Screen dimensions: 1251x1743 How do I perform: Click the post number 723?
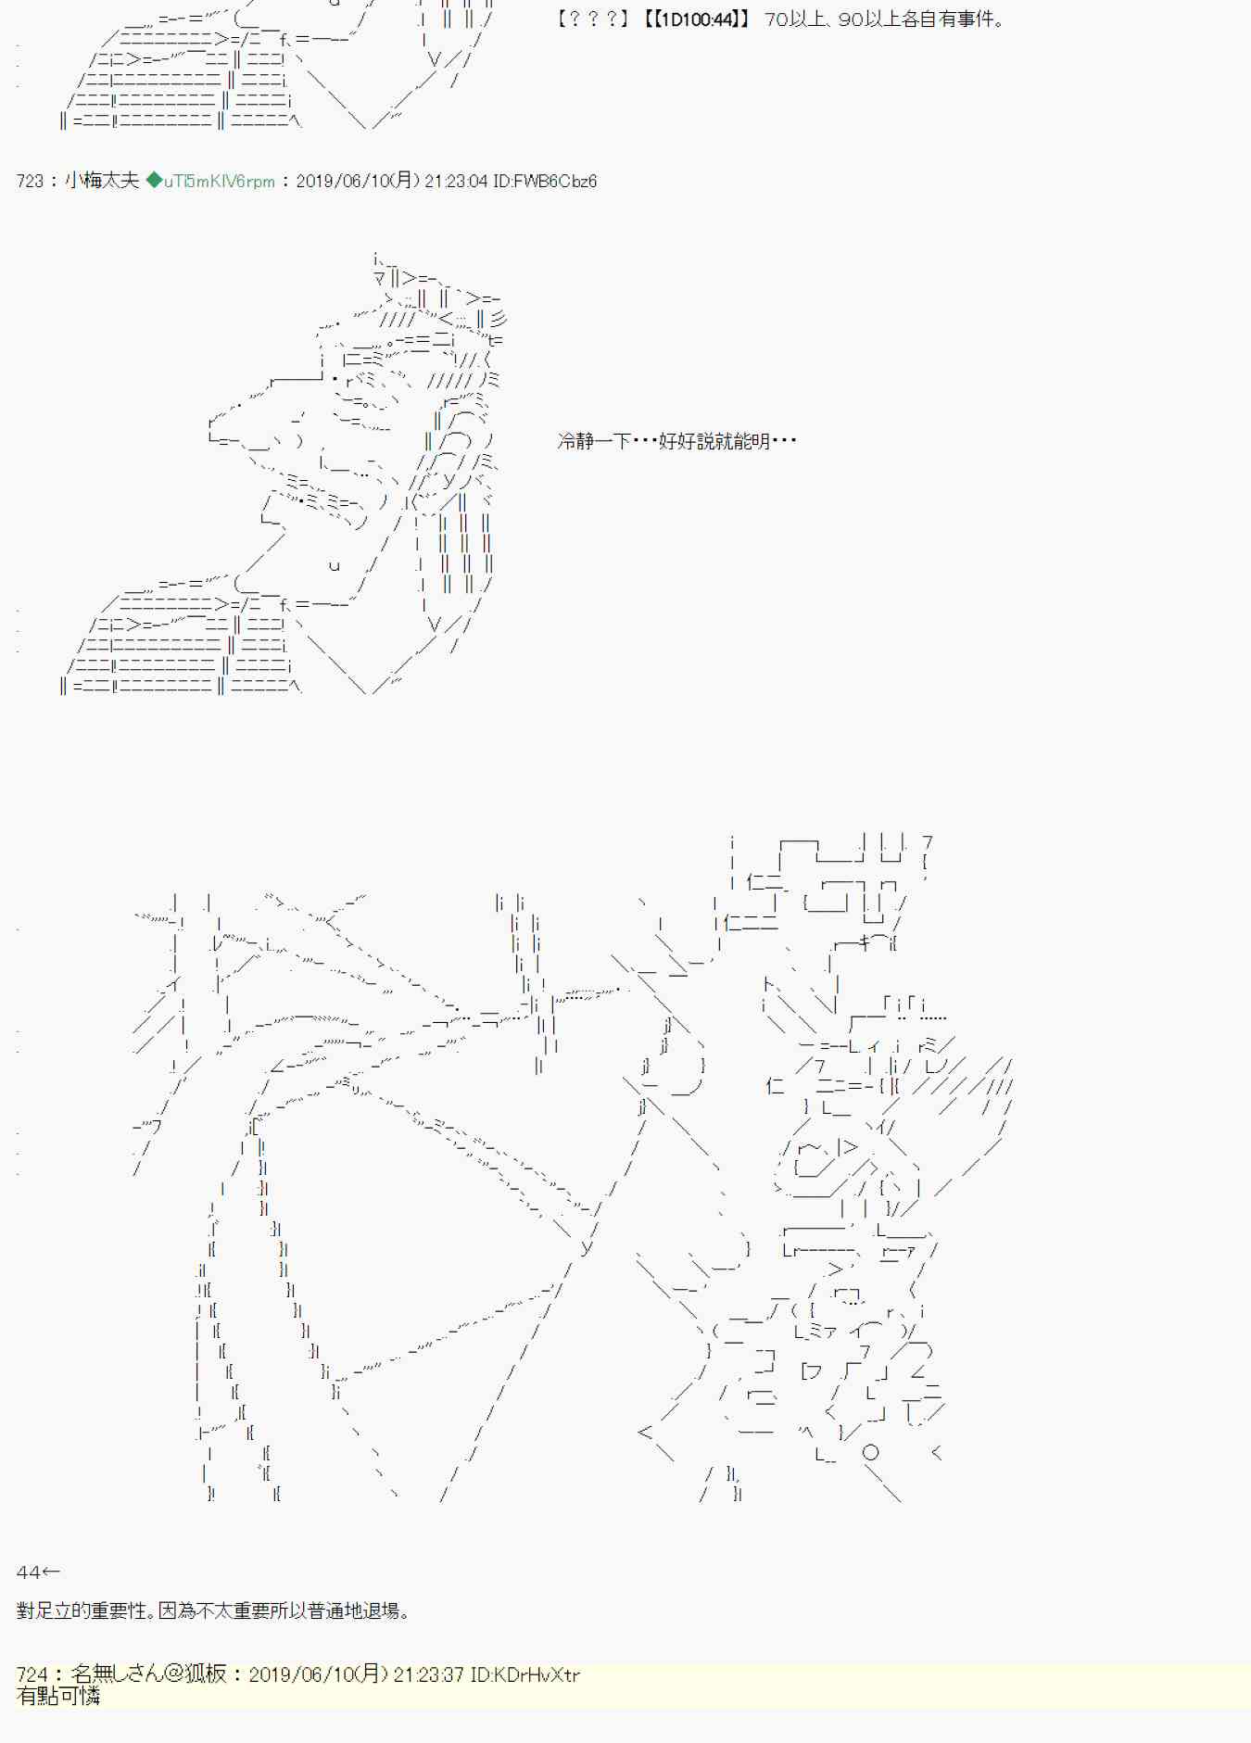tap(30, 182)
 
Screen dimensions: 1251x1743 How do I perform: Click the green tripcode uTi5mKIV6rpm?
tap(219, 182)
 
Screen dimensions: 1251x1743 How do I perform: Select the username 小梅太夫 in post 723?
tap(102, 181)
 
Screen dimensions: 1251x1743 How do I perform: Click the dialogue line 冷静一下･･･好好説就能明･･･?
tap(677, 441)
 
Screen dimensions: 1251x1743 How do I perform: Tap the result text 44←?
tap(38, 1572)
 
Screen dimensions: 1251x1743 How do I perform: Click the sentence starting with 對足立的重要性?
tap(214, 1610)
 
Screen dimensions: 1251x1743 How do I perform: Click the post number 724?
tap(32, 1674)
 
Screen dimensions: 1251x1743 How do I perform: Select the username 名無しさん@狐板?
tap(148, 1674)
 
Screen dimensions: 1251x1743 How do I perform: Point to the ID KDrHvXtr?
tap(524, 1674)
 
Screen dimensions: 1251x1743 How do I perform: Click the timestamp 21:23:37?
tap(427, 1674)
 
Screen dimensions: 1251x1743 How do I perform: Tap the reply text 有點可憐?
tap(58, 1696)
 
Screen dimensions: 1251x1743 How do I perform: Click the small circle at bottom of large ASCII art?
tap(870, 1453)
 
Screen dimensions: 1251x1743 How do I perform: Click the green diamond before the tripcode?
tap(154, 181)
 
